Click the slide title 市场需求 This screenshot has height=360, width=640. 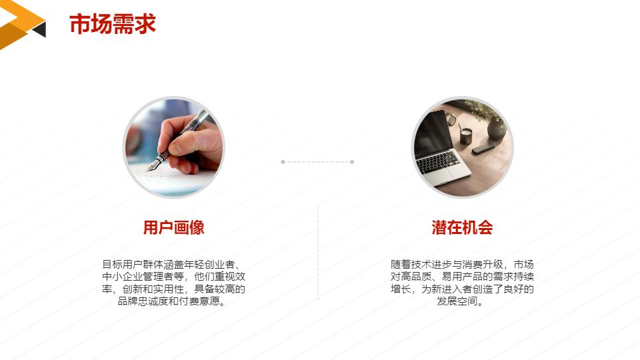pyautogui.click(x=112, y=24)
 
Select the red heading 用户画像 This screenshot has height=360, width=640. pyautogui.click(x=173, y=228)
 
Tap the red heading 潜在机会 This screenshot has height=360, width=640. pyautogui.click(x=462, y=228)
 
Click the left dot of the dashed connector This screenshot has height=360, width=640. pyautogui.click(x=283, y=161)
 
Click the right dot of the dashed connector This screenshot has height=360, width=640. pyautogui.click(x=352, y=161)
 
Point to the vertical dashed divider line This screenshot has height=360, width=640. pyautogui.click(x=318, y=253)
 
